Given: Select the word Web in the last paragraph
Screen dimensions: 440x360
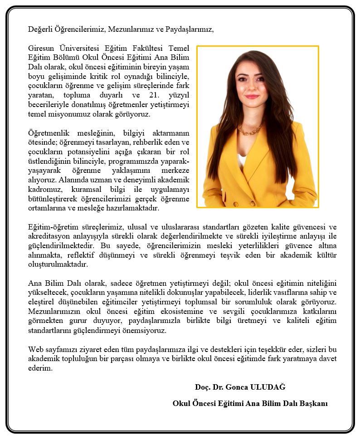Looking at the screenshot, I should [35, 349].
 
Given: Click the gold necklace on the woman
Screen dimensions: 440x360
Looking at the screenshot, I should [249, 131].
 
